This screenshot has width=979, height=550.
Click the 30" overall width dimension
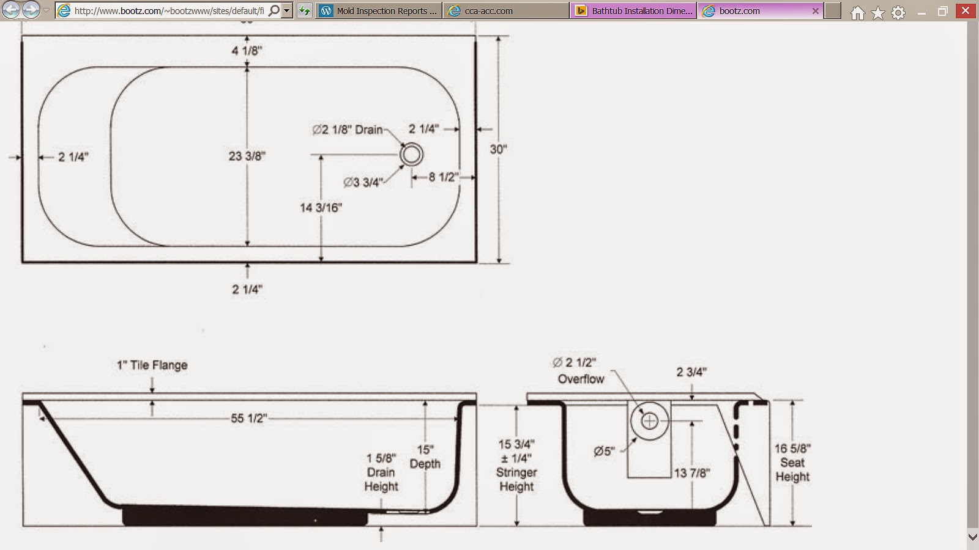coord(498,149)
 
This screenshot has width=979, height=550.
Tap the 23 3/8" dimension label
coord(247,156)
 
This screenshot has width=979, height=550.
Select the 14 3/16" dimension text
coord(321,208)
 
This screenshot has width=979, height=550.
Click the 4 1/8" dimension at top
coord(247,51)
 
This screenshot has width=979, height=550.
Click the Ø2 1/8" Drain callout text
coord(348,130)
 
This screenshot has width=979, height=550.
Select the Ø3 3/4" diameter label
coord(363,182)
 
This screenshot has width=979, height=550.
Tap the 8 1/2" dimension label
coord(443,177)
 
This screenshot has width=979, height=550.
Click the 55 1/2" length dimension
coord(248,418)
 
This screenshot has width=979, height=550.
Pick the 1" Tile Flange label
coord(152,365)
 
